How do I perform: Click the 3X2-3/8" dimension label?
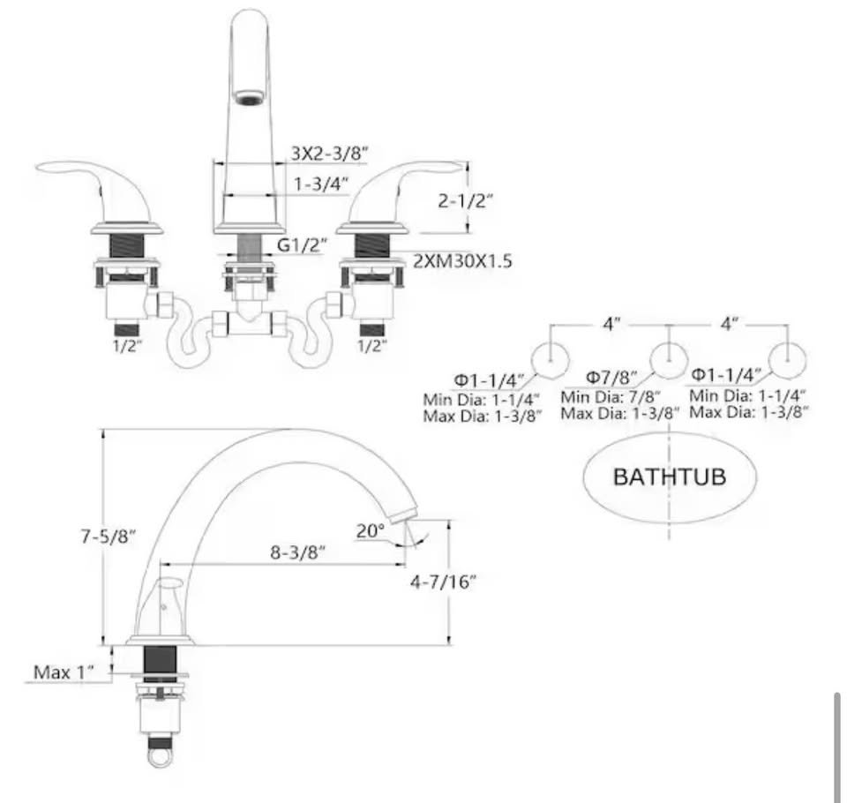coord(329,153)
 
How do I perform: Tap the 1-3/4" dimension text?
coord(321,184)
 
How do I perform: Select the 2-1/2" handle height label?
coord(465,201)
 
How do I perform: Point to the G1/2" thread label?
coord(302,244)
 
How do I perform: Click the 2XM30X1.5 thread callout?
coord(462,261)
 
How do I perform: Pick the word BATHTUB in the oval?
coord(670,477)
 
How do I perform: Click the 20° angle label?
coord(371,530)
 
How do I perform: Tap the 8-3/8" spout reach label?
coord(297,552)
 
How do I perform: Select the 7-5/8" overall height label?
coord(108,536)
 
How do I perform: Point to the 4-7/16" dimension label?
coord(444,582)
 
